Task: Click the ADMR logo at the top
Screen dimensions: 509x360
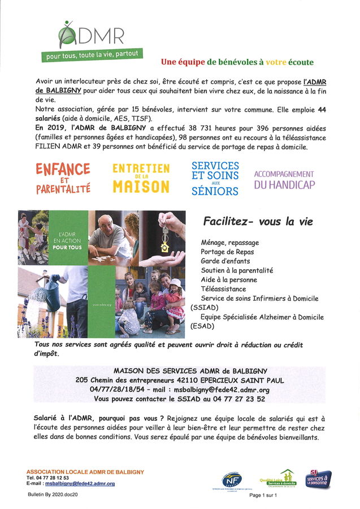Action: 90,35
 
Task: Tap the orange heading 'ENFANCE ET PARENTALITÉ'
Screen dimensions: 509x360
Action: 63,178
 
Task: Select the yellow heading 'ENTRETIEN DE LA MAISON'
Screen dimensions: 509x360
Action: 141,178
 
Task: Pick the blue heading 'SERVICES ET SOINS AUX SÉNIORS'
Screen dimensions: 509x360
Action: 215,178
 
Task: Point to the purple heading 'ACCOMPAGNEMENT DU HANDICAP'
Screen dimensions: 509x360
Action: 284,179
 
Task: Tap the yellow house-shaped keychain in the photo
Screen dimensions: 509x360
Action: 164,246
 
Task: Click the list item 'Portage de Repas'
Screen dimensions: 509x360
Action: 227,252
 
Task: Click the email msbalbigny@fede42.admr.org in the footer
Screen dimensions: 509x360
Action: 80,484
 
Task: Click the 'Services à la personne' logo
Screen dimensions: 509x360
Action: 318,478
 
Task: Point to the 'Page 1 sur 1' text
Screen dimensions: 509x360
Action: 264,495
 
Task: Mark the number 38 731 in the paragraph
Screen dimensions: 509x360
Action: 170,128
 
